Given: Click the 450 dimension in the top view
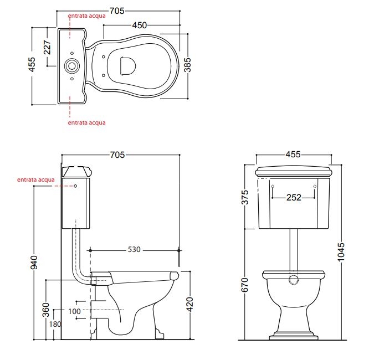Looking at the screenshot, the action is pyautogui.click(x=139, y=25).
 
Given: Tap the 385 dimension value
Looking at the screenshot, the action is pyautogui.click(x=188, y=65).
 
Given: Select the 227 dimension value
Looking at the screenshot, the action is pyautogui.click(x=47, y=47).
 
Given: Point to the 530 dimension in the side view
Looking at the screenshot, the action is pyautogui.click(x=134, y=249).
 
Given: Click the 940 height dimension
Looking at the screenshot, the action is pyautogui.click(x=34, y=263).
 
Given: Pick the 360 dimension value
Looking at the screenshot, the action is pyautogui.click(x=46, y=310).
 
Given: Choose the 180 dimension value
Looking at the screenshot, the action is pyautogui.click(x=55, y=324).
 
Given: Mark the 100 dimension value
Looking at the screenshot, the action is pyautogui.click(x=74, y=311).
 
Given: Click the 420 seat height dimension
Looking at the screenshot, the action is pyautogui.click(x=189, y=304).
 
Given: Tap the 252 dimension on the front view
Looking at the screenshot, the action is pyautogui.click(x=294, y=197).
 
